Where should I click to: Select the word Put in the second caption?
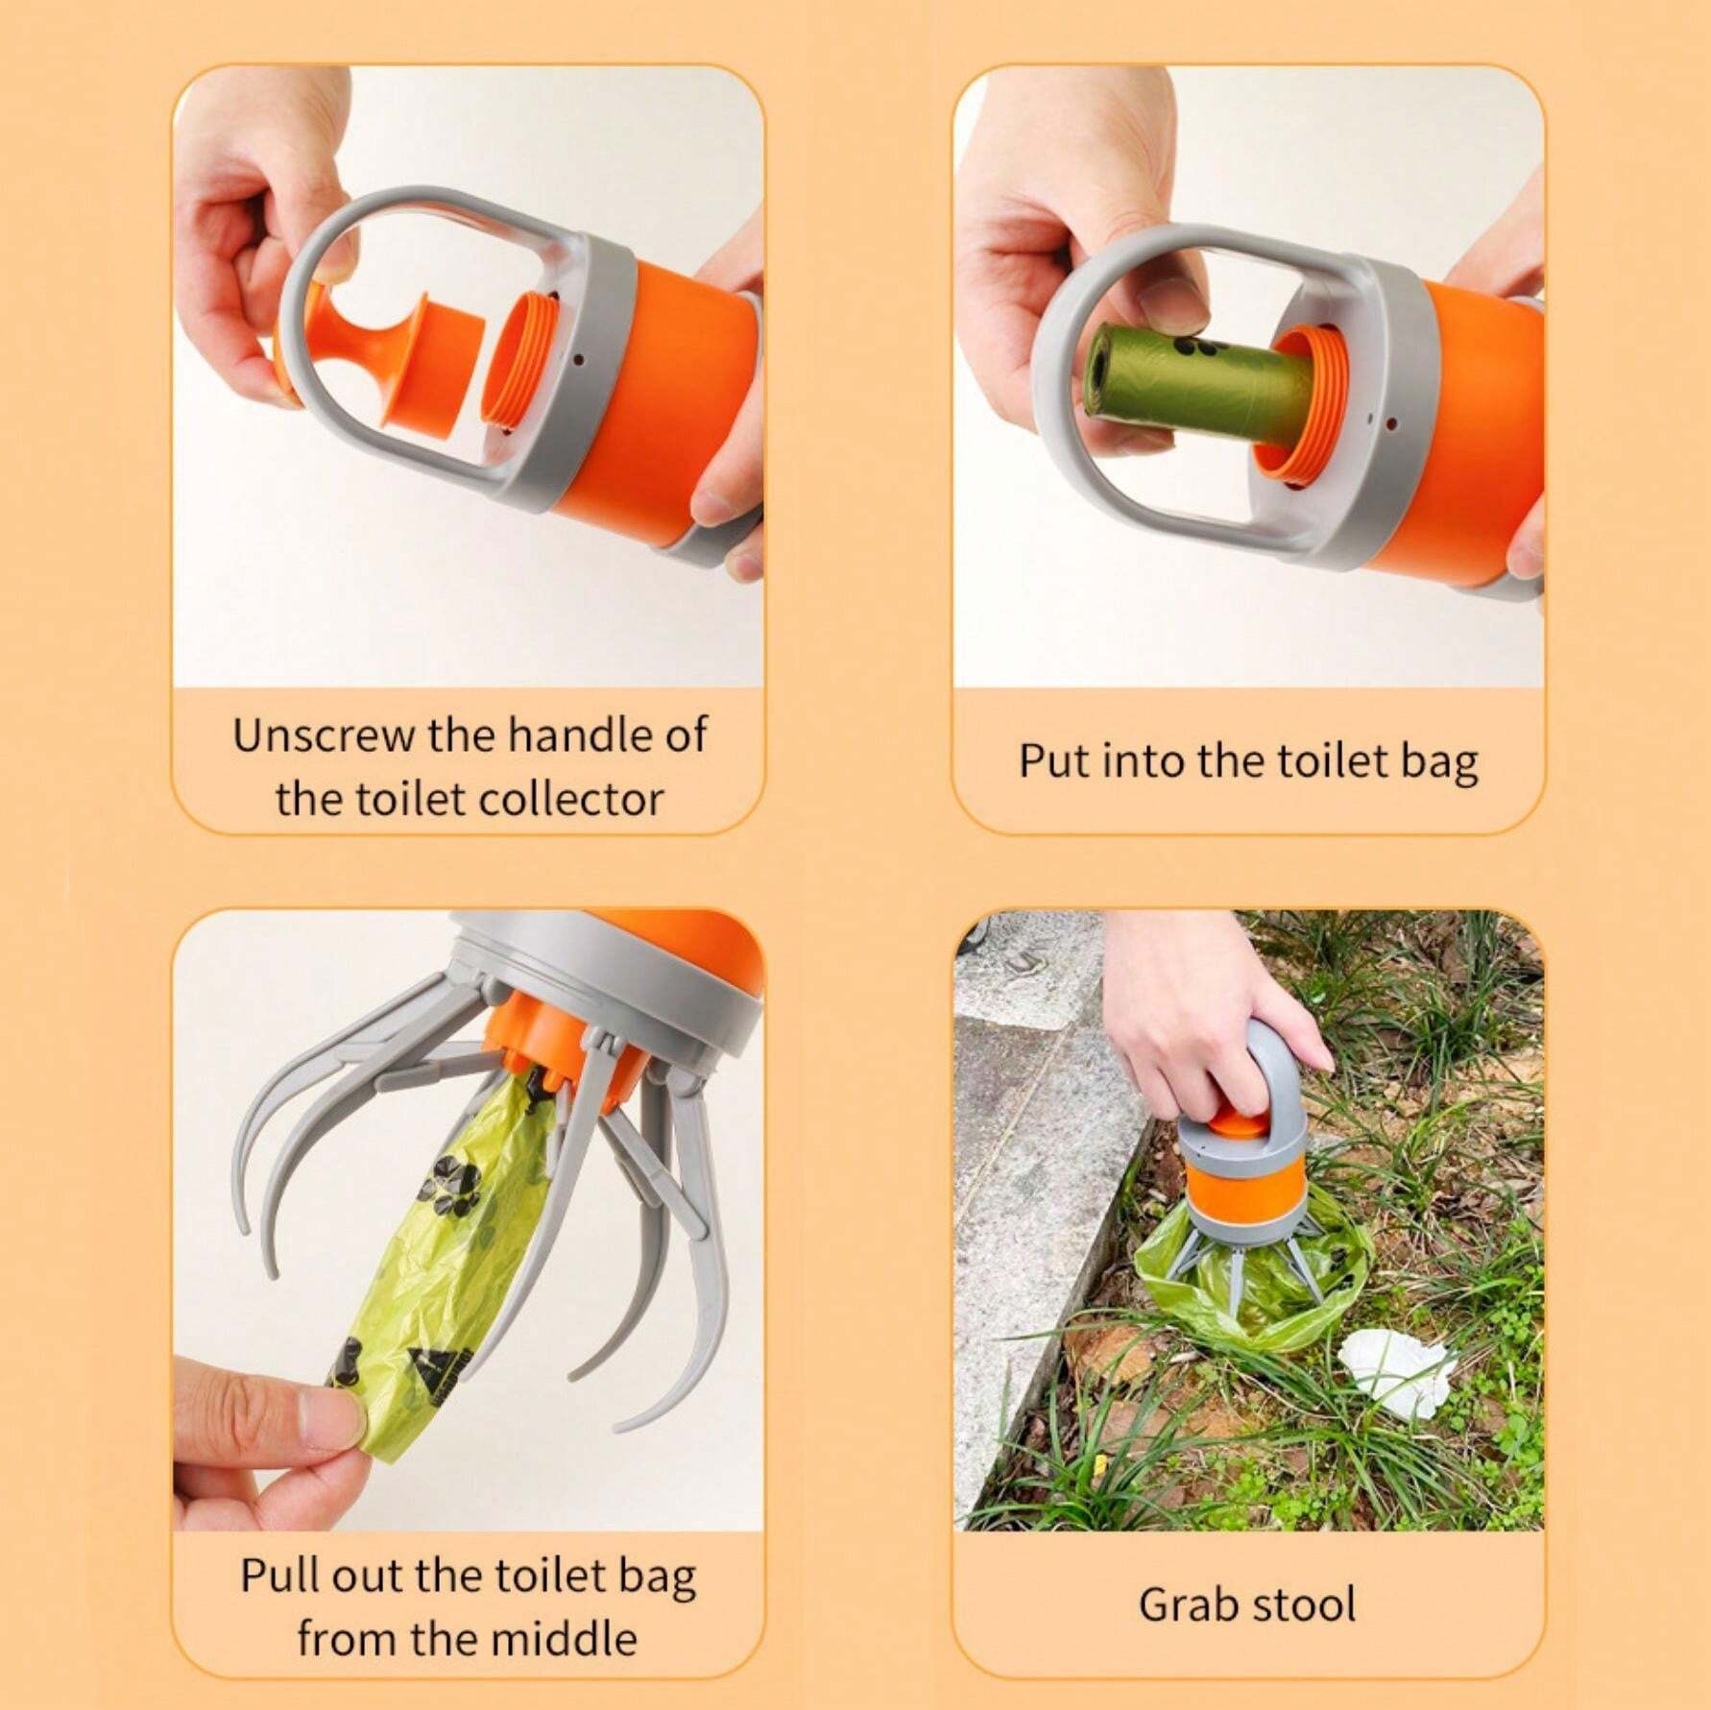pyautogui.click(x=1052, y=760)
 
